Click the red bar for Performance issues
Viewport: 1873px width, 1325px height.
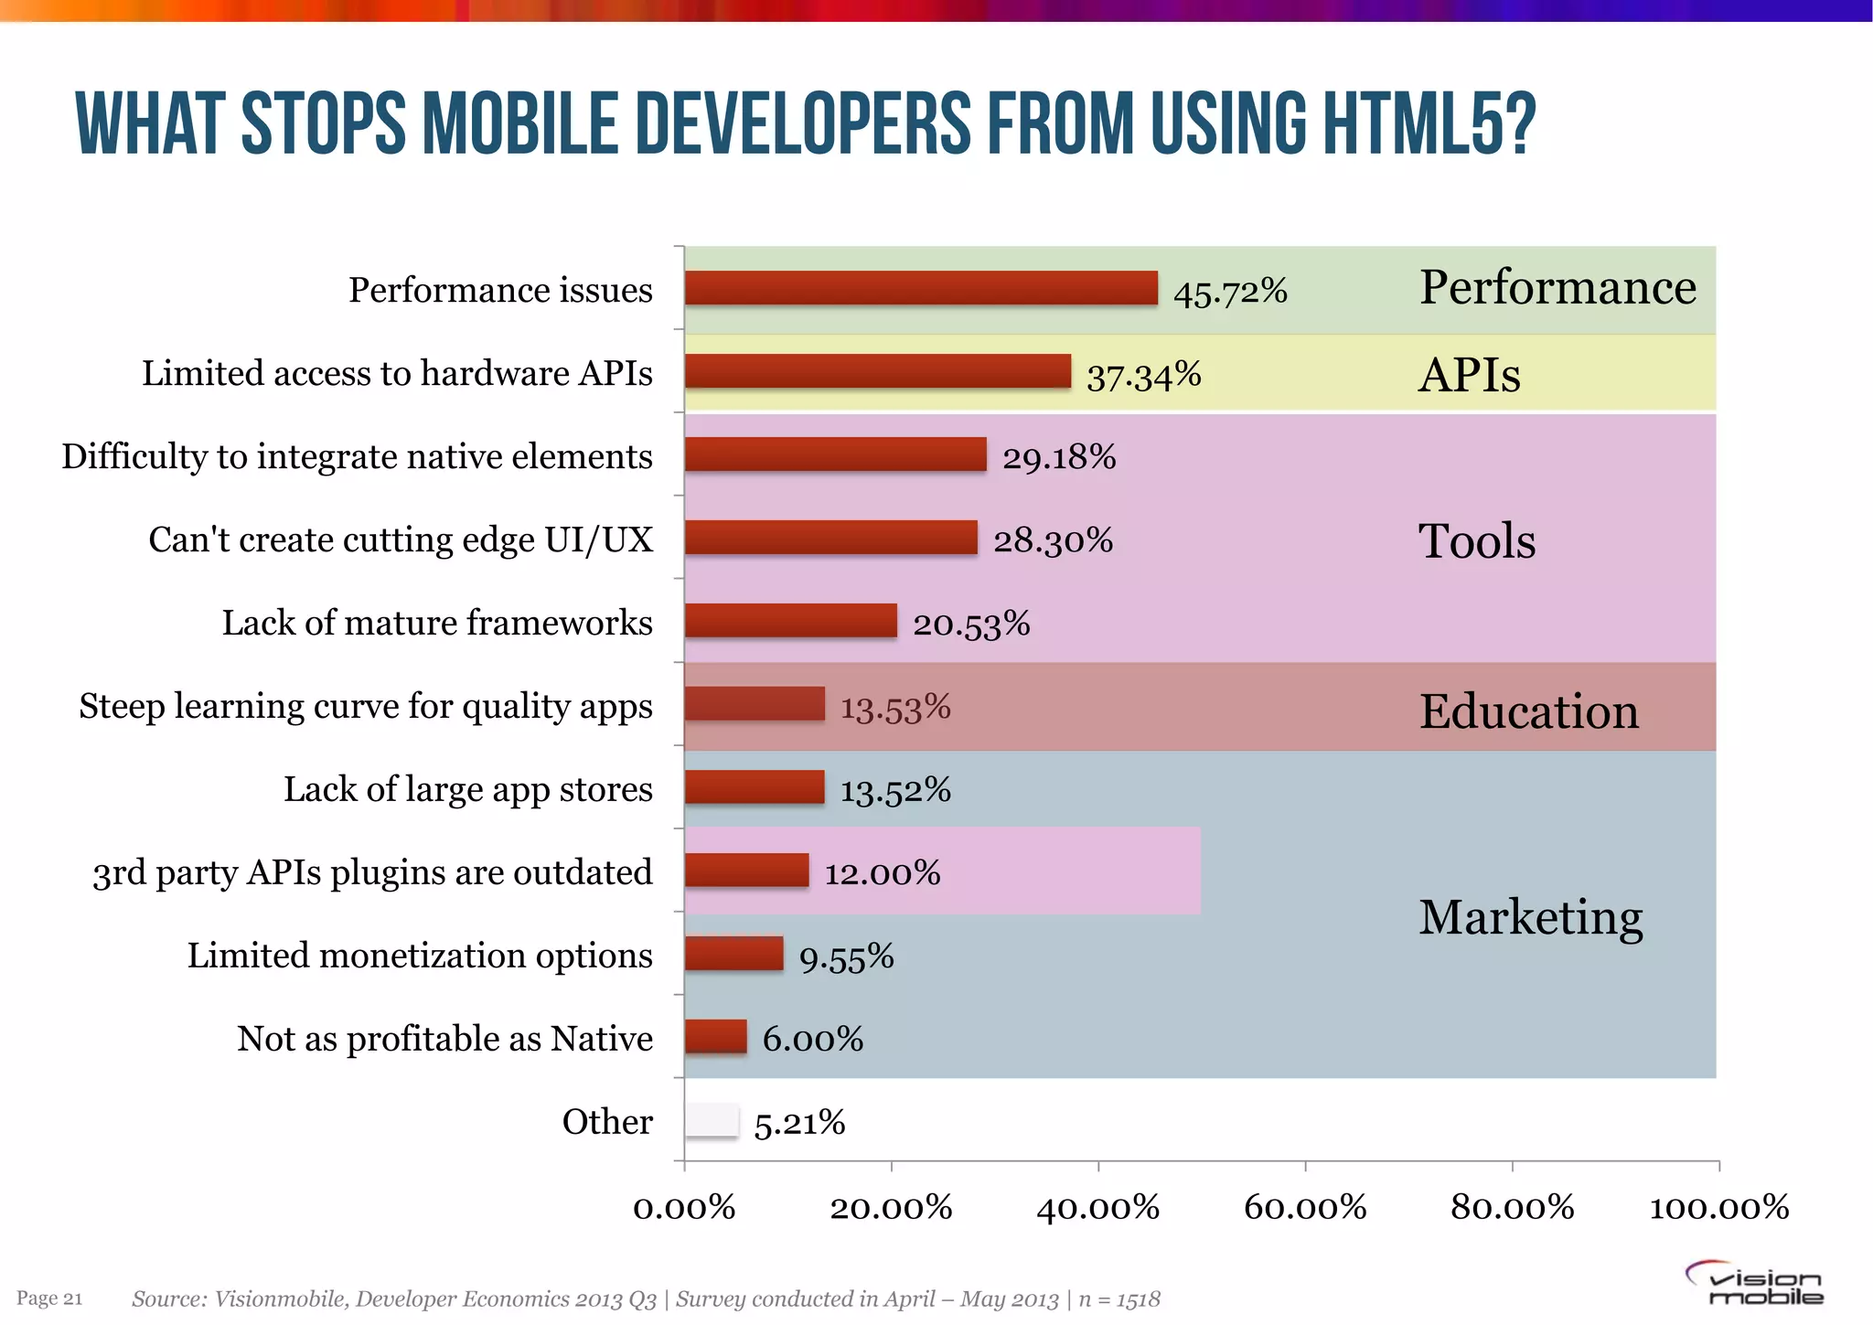click(x=920, y=288)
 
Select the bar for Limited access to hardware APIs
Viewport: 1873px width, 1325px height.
click(x=877, y=371)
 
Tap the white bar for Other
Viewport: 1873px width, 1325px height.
click(x=712, y=1121)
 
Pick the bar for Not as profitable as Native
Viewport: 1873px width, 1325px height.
click(x=715, y=1037)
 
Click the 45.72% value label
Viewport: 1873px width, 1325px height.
click(x=1230, y=292)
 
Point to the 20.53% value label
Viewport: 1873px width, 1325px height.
click(x=971, y=624)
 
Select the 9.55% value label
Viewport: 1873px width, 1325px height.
click(x=846, y=957)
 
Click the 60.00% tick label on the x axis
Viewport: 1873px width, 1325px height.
click(x=1305, y=1208)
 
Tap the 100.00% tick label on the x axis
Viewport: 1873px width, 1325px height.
click(x=1718, y=1208)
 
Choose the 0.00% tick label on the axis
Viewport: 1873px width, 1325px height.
click(x=684, y=1208)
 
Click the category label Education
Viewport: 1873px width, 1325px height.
click(x=1528, y=711)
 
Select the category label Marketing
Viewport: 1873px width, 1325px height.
click(x=1530, y=917)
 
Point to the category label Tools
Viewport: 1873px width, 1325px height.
click(x=1476, y=540)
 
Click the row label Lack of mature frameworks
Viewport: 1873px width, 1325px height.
click(x=437, y=623)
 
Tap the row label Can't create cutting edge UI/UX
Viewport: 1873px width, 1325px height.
click(x=401, y=540)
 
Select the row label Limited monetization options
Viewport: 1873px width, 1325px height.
click(x=420, y=956)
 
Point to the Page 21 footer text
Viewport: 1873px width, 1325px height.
click(x=49, y=1298)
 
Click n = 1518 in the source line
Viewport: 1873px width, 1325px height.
click(x=1119, y=1299)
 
